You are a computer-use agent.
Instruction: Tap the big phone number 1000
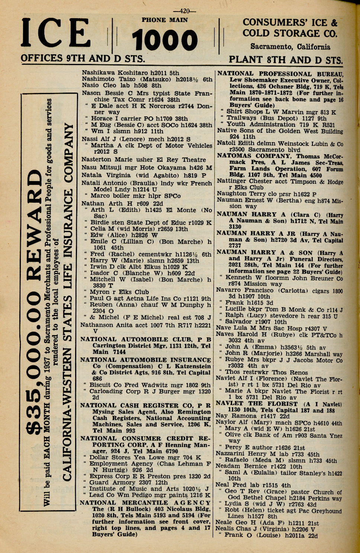[x=164, y=40]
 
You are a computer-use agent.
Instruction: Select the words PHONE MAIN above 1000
[x=165, y=20]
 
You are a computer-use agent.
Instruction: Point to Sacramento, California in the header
[x=290, y=47]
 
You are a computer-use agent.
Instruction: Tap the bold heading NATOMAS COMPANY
[x=254, y=156]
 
